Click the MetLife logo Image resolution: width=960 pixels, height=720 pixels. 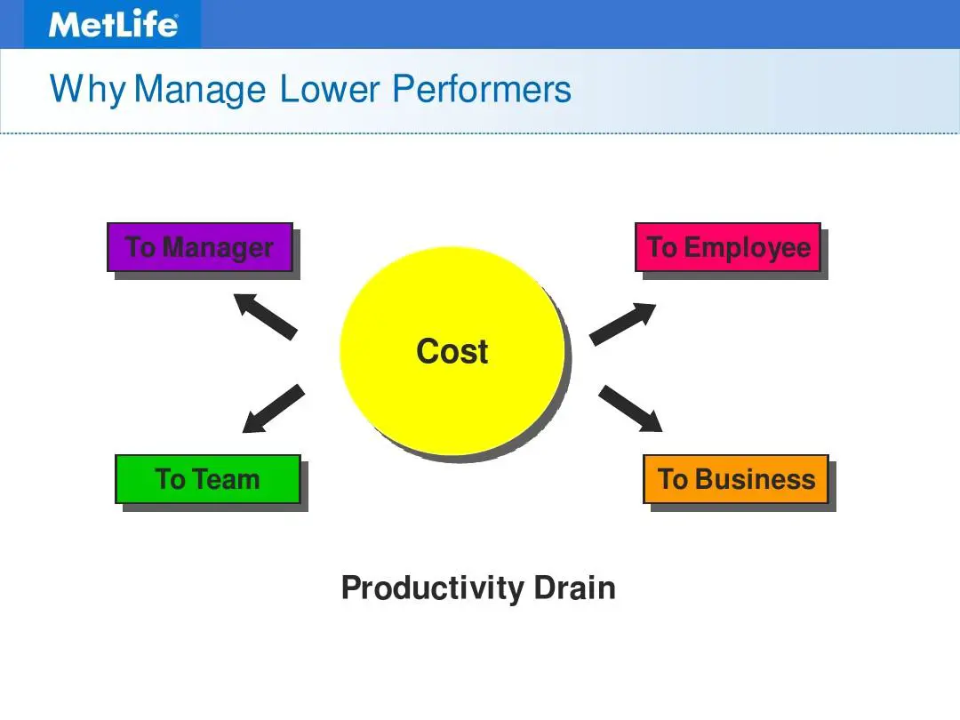113,25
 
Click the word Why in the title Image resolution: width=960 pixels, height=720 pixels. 87,90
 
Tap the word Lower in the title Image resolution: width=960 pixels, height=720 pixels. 330,89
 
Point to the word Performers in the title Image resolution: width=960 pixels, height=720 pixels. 481,89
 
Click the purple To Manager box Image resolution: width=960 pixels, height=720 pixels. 200,247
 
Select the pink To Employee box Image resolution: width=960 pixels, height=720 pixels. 728,247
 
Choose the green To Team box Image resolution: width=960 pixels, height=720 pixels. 208,479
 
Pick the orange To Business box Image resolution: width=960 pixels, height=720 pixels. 736,479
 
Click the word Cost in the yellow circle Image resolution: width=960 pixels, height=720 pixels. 452,351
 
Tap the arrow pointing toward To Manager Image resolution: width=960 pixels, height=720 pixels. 265,316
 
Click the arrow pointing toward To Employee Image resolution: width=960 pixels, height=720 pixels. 622,324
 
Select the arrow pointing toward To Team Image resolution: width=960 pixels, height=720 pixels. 273,409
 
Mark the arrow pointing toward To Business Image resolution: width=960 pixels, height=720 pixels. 630,409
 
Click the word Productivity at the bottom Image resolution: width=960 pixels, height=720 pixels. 432,588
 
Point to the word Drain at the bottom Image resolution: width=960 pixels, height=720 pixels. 574,588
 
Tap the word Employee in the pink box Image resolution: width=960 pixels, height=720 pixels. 748,248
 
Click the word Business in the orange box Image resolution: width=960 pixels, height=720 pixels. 756,479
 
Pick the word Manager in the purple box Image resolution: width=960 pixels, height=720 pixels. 218,248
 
